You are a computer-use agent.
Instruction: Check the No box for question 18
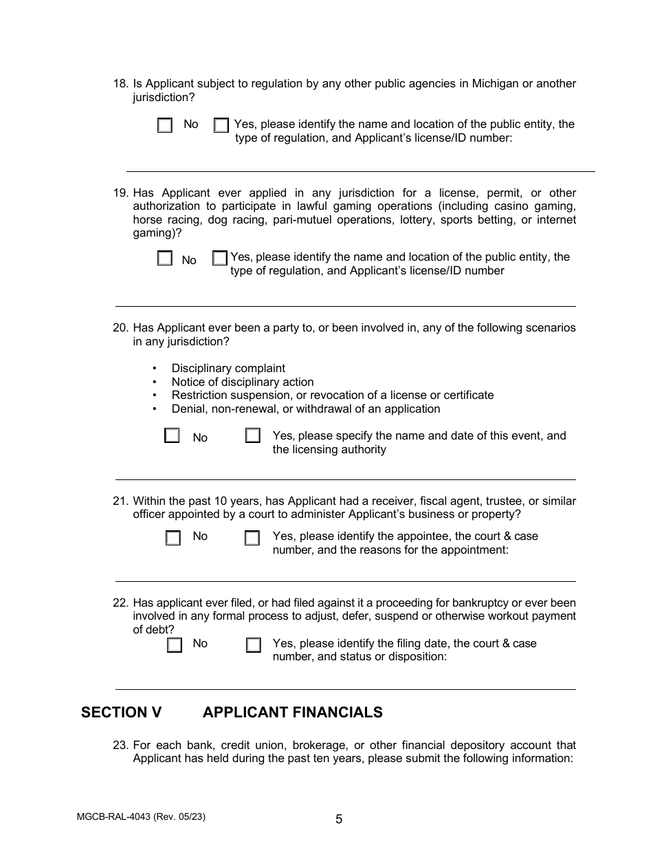pyautogui.click(x=165, y=126)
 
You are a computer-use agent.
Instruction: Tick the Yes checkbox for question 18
pyautogui.click(x=221, y=126)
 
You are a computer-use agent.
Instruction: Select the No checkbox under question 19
pyautogui.click(x=164, y=259)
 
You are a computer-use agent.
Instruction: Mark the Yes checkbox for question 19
pyautogui.click(x=219, y=259)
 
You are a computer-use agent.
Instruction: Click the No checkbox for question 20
pyautogui.click(x=172, y=436)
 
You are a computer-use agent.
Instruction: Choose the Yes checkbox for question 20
pyautogui.click(x=253, y=436)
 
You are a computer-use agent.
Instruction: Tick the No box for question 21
pyautogui.click(x=173, y=538)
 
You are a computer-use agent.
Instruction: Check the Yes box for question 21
pyautogui.click(x=252, y=538)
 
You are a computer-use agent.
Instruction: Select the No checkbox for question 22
pyautogui.click(x=175, y=645)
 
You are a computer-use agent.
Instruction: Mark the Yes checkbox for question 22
pyautogui.click(x=254, y=645)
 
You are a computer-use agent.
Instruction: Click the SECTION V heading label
pyautogui.click(x=121, y=713)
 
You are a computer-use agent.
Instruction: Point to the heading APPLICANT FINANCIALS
pyautogui.click(x=292, y=713)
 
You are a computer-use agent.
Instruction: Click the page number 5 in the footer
pyautogui.click(x=339, y=819)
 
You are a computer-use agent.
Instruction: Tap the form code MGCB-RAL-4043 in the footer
pyautogui.click(x=114, y=817)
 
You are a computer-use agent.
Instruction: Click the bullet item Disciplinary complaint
pyautogui.click(x=228, y=369)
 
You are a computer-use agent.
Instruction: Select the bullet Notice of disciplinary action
pyautogui.click(x=242, y=382)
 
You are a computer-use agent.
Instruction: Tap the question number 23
pyautogui.click(x=120, y=746)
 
